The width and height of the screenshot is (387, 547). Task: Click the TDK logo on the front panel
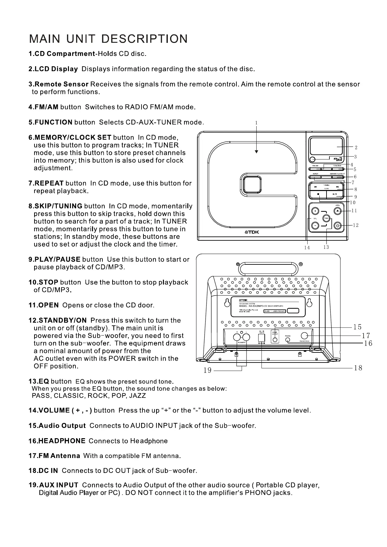[x=252, y=232]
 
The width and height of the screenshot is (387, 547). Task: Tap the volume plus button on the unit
[x=315, y=211]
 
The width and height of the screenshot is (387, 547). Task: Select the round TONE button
[x=326, y=218]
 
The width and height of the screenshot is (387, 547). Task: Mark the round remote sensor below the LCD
[x=312, y=159]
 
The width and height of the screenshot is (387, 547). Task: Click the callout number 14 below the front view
[x=307, y=248]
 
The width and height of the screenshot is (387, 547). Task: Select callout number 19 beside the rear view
[x=207, y=370]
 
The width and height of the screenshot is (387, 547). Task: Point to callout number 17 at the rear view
[x=366, y=335]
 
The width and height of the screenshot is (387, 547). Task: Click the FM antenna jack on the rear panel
[x=305, y=336]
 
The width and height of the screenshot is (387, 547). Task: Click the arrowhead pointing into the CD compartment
[x=256, y=151]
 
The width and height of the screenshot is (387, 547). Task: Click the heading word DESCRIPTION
[x=144, y=39]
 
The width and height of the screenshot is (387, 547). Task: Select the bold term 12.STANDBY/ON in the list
[x=58, y=320]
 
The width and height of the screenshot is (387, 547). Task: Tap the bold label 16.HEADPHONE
[x=57, y=441]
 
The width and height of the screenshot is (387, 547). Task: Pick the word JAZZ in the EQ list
[x=138, y=396]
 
